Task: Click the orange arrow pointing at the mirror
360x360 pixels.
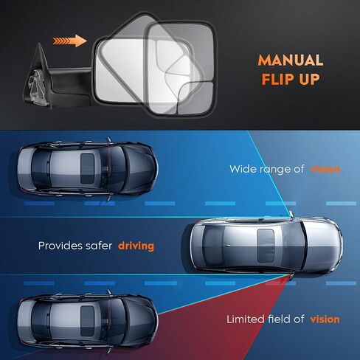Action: [x=70, y=41]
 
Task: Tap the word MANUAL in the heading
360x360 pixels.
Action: [x=291, y=60]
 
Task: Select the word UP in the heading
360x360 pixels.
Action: [x=306, y=79]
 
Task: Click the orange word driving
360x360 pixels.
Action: [x=136, y=246]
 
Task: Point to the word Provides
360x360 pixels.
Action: [x=60, y=246]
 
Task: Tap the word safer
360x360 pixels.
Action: [x=99, y=246]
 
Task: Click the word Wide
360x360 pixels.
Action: [x=241, y=169]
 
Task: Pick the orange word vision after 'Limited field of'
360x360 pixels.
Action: [x=325, y=319]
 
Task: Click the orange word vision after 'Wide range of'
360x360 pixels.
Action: [x=325, y=169]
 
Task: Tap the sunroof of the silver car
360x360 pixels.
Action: [x=266, y=246]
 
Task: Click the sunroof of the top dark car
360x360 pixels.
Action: [x=88, y=169]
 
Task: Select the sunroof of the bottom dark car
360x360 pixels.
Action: [x=88, y=322]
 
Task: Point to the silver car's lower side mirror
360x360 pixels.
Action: [x=291, y=277]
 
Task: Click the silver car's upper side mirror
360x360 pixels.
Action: [x=291, y=214]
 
